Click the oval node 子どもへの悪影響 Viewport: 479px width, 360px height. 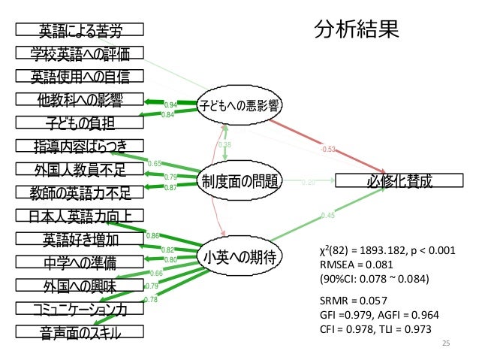pyautogui.click(x=239, y=106)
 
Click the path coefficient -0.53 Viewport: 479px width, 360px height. pyautogui.click(x=327, y=149)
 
